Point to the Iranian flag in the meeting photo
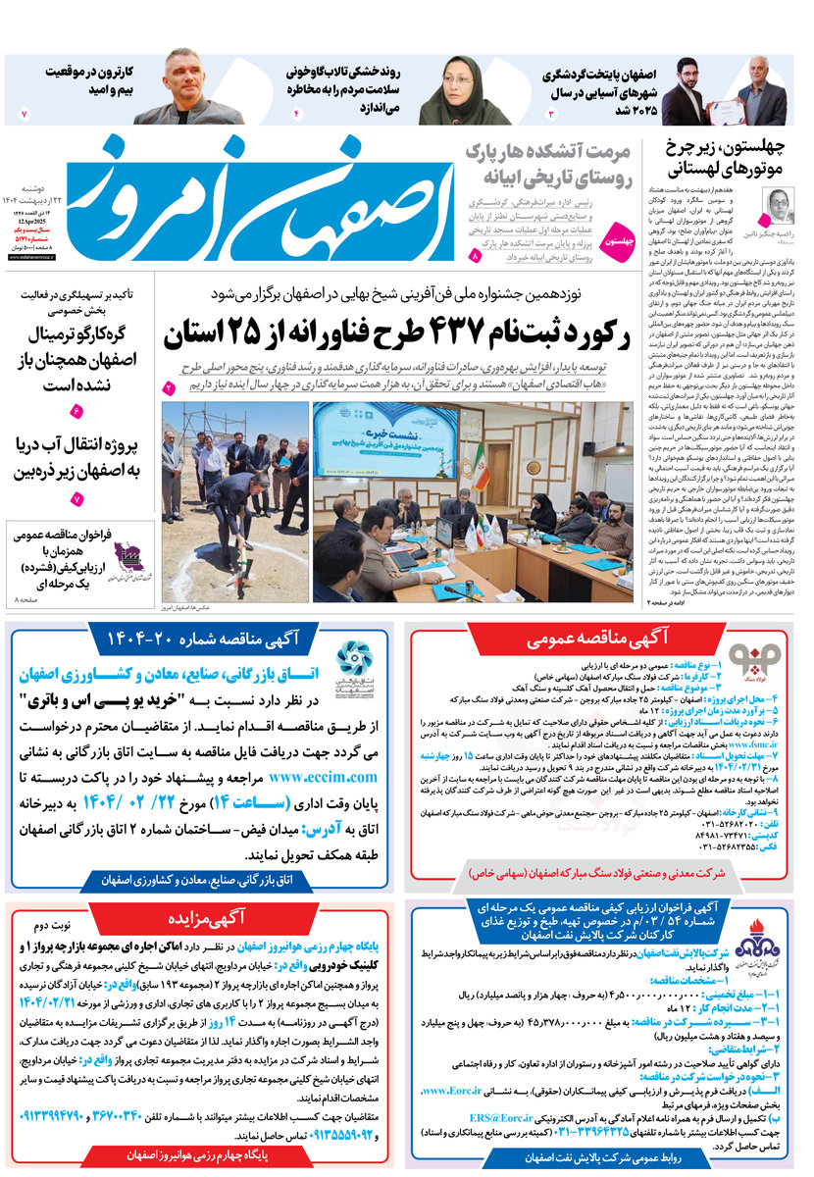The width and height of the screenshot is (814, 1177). click(482, 461)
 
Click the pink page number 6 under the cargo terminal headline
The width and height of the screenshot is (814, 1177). click(76, 410)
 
